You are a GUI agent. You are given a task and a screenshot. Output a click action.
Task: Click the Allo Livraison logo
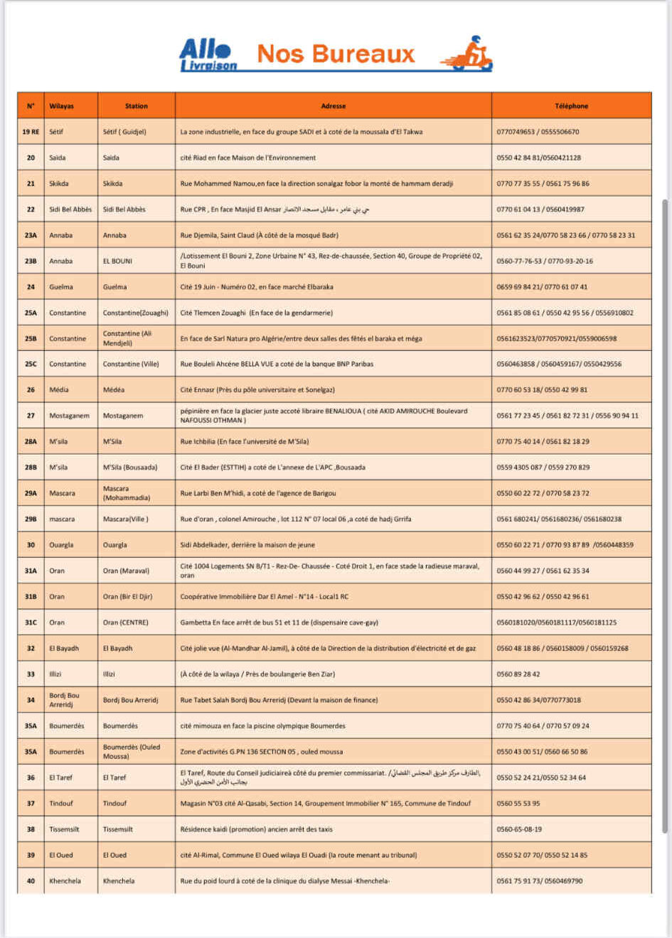click(x=208, y=55)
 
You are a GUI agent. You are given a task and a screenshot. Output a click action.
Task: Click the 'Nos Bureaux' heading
click(x=336, y=54)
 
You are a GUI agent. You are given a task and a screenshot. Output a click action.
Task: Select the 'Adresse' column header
click(x=333, y=106)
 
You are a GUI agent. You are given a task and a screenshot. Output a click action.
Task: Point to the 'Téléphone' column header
click(x=571, y=106)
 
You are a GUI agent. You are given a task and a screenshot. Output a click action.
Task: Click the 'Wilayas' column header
click(x=62, y=106)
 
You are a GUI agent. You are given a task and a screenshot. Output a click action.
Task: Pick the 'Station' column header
click(x=136, y=106)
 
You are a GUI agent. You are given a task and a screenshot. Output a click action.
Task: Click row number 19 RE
click(x=31, y=131)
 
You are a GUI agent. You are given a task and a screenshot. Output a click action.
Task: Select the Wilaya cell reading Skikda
click(x=59, y=183)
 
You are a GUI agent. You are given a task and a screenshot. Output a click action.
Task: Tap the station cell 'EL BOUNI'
click(x=117, y=261)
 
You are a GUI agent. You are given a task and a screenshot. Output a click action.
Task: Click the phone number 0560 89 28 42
click(x=518, y=674)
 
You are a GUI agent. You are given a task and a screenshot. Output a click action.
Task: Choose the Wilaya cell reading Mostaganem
click(x=69, y=416)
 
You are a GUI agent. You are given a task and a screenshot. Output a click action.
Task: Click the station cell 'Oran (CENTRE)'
click(x=126, y=622)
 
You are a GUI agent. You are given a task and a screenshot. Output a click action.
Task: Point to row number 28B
click(x=31, y=468)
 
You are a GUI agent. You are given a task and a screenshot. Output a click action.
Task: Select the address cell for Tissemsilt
click(x=256, y=829)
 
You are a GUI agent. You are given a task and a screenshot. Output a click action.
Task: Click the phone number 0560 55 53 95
click(x=518, y=803)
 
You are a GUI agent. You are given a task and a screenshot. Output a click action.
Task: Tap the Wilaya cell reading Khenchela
click(x=65, y=880)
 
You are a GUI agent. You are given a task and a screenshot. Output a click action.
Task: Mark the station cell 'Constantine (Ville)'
click(x=131, y=364)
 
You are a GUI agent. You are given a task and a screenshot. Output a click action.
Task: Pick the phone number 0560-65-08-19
click(x=519, y=829)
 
